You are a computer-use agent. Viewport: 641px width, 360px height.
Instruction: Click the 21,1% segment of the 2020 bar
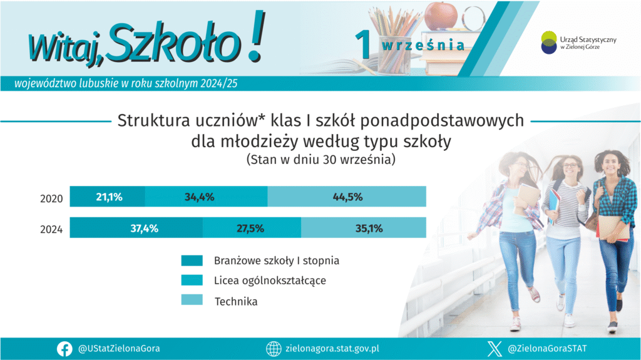pos(108,197)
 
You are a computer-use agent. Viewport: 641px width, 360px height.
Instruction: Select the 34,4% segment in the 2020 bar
pos(207,197)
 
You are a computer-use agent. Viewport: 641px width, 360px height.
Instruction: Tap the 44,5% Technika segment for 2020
pos(347,197)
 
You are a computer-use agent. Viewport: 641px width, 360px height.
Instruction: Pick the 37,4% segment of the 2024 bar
pos(136,227)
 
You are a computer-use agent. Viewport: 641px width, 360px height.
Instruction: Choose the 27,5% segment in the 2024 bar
pos(252,227)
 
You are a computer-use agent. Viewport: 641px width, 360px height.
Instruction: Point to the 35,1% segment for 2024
pos(364,227)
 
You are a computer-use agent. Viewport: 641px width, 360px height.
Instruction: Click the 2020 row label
pos(51,199)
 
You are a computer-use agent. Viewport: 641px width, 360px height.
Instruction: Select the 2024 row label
pos(51,230)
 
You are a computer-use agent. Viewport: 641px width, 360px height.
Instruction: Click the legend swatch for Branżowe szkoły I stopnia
pos(192,260)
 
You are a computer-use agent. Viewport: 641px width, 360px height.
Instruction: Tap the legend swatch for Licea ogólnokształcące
pos(192,280)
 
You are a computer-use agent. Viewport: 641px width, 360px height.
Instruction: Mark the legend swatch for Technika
pos(192,300)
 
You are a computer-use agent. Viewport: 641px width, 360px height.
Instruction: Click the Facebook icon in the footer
pos(64,349)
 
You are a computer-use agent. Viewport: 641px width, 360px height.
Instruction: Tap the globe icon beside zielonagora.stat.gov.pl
pos(274,349)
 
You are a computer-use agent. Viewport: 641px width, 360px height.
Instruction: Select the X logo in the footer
pos(495,349)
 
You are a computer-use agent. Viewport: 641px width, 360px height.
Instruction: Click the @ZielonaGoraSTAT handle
pos(547,349)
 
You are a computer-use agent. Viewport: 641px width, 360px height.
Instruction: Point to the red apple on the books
pos(441,16)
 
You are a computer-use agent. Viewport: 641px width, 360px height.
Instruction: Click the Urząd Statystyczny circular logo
pos(549,43)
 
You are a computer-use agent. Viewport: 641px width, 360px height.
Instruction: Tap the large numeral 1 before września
pos(363,44)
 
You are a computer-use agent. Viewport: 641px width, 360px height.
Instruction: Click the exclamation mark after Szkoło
pos(257,37)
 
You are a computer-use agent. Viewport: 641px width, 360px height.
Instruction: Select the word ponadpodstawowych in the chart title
pos(442,121)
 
